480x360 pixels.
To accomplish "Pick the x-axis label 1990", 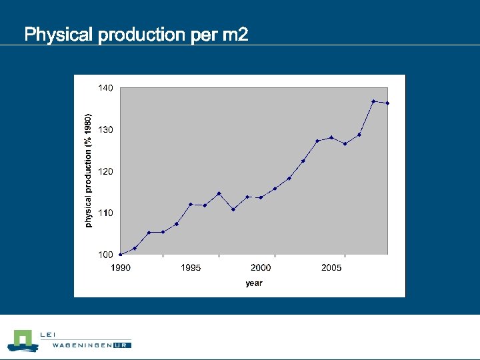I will pos(121,268).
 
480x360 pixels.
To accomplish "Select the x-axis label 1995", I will pos(191,268).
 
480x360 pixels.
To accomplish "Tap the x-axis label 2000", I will pos(261,268).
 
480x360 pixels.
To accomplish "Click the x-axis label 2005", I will pos(331,268).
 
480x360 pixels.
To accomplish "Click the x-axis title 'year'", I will pos(254,283).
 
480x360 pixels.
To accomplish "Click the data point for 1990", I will pos(121,254).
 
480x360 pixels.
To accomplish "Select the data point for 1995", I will pos(191,205).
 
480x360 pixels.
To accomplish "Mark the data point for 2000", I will pos(261,197).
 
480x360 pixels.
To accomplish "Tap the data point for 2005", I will pos(331,137).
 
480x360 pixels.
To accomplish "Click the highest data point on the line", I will pos(373,101).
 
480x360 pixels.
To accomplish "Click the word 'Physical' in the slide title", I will pos(59,35).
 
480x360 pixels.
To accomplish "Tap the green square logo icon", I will pos(23,340).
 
